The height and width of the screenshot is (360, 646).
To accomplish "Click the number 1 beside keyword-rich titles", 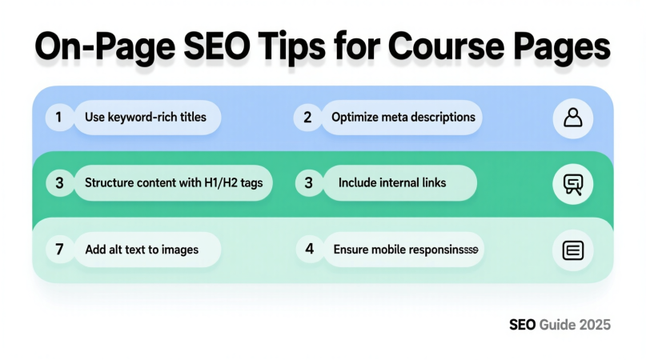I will coord(58,117).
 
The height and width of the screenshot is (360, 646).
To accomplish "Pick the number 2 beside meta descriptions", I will coord(307,117).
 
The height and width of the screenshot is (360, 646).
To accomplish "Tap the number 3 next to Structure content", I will coord(59,183).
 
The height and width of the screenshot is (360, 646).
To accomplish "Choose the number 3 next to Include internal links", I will coord(309,183).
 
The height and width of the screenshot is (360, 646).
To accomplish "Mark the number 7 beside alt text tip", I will coord(59,249).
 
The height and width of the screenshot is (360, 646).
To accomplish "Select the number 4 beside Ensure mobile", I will coord(309,249).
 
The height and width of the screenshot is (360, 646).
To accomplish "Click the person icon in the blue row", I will coord(573,118).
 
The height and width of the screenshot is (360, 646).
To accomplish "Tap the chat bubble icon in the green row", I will coord(573,185).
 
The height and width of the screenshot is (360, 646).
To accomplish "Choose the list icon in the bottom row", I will coord(573,250).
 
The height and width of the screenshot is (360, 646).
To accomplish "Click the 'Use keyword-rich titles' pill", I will coord(146,117).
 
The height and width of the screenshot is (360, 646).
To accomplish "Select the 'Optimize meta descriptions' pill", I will coord(403,117).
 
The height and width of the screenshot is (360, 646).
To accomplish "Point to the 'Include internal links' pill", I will coord(392,183).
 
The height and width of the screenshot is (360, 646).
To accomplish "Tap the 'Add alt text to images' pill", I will coord(141,249).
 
